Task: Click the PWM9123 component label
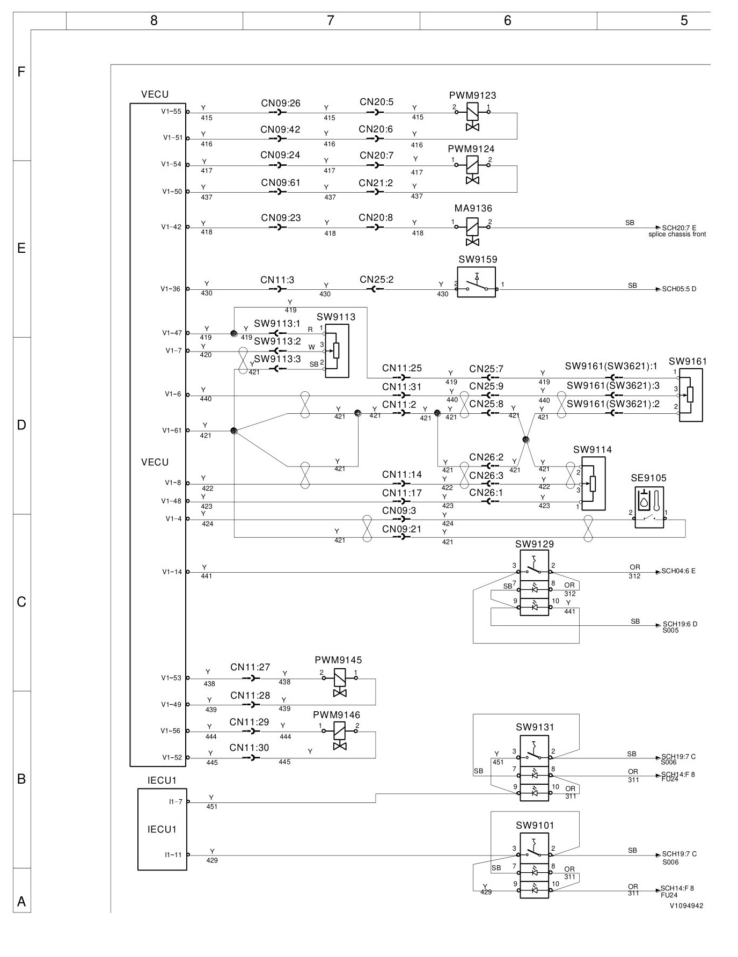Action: point(472,96)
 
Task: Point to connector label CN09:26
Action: point(281,103)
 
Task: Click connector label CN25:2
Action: point(376,280)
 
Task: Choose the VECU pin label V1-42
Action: point(171,227)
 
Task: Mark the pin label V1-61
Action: point(172,430)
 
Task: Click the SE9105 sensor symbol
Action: point(649,507)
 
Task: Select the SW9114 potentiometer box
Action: point(593,484)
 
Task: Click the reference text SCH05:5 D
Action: point(679,289)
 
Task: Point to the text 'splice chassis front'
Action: point(677,235)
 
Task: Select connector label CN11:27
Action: point(250,667)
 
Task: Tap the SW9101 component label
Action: point(535,825)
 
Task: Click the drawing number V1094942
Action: point(686,905)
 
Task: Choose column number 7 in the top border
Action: point(331,20)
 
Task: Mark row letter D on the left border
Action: point(21,426)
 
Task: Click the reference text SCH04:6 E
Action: point(678,571)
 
